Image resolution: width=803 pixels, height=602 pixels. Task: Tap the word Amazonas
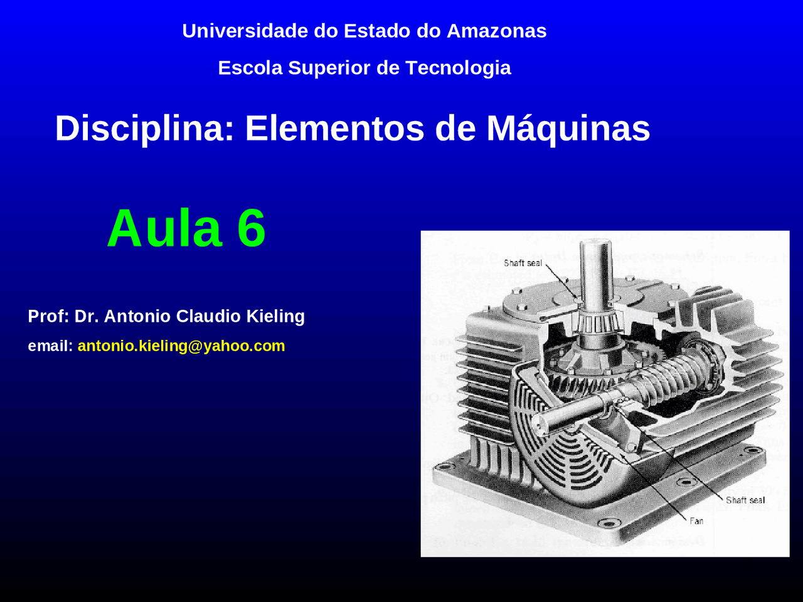[496, 31]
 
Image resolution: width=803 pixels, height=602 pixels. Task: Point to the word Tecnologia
[458, 68]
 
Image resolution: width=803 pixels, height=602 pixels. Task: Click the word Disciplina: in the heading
[145, 129]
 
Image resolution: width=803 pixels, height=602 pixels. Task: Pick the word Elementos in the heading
[334, 129]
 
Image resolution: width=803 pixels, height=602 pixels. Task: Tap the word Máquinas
[568, 129]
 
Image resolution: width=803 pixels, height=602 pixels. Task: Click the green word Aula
[164, 228]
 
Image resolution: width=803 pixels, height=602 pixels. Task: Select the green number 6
[252, 228]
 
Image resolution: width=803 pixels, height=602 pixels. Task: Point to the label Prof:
[48, 316]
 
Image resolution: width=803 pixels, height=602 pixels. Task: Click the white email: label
[51, 346]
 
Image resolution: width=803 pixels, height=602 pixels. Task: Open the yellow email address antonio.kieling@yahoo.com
[181, 346]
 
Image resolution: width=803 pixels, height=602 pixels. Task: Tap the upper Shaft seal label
[523, 263]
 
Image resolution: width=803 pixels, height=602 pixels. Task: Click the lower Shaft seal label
[745, 500]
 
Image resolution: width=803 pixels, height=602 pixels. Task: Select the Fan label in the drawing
[696, 521]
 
